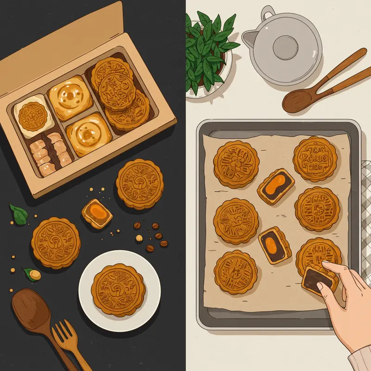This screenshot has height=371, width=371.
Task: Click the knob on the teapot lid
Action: pyautogui.click(x=282, y=45)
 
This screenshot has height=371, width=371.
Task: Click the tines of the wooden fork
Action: pyautogui.click(x=63, y=332)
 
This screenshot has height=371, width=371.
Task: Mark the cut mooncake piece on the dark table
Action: pyautogui.click(x=96, y=214)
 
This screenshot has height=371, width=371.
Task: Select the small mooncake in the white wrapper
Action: pyautogui.click(x=31, y=114)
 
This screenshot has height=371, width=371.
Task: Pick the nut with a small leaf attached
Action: pyautogui.click(x=33, y=274)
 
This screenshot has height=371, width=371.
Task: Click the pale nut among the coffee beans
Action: pyautogui.click(x=139, y=238)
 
